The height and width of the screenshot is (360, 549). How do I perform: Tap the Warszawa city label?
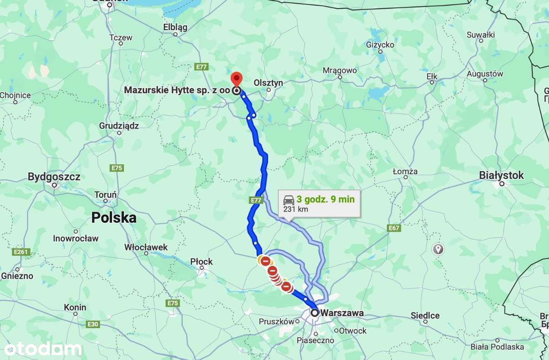(342, 313)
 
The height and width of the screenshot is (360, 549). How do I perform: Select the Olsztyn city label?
(269, 83)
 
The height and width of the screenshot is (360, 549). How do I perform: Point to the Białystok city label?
(501, 175)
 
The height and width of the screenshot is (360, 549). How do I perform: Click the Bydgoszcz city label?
(54, 177)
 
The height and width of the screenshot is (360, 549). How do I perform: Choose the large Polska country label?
(114, 218)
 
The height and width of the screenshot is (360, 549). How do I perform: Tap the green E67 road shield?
(394, 228)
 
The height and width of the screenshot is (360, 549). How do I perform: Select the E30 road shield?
(92, 324)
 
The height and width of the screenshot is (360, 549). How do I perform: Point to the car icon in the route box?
(289, 200)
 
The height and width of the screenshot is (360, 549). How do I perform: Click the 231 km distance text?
(296, 210)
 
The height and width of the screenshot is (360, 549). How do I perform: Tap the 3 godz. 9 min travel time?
(325, 199)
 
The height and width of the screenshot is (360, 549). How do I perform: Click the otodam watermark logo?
(43, 349)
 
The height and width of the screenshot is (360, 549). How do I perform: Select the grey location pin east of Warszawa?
(438, 249)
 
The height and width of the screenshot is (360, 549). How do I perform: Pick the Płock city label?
(202, 262)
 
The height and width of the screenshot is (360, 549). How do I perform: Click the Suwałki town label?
(481, 35)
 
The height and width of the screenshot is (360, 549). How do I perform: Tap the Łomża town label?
(405, 172)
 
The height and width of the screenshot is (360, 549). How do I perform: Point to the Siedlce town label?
(425, 316)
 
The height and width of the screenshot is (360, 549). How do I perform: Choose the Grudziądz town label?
(119, 125)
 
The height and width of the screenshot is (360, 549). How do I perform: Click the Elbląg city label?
(175, 27)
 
